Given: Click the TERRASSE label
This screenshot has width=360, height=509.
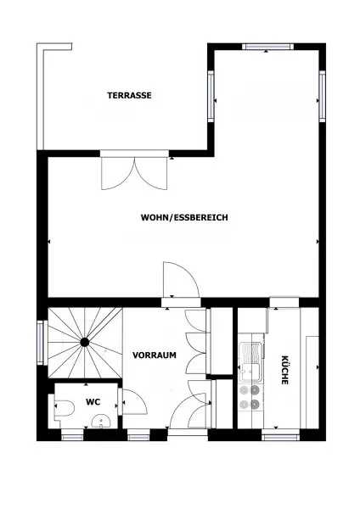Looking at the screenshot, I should [x=129, y=96].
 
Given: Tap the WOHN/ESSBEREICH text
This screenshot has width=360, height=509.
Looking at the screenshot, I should [x=184, y=217].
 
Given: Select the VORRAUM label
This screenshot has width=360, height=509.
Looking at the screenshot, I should [x=154, y=355].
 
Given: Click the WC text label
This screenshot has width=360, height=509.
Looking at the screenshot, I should [x=93, y=401].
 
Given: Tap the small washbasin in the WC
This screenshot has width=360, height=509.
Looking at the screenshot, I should [x=101, y=421].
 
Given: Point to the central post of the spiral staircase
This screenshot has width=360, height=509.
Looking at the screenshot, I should [x=85, y=342].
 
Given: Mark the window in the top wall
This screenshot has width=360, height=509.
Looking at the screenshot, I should [x=267, y=46].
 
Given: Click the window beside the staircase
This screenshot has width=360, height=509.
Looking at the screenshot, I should [x=39, y=342].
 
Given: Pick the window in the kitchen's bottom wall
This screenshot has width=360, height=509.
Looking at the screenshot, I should [x=279, y=436].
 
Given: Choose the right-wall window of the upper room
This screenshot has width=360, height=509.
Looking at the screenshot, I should [x=323, y=97].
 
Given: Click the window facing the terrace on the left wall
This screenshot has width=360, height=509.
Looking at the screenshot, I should [x=211, y=96].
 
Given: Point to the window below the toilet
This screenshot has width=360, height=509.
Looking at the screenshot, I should [x=73, y=436].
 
